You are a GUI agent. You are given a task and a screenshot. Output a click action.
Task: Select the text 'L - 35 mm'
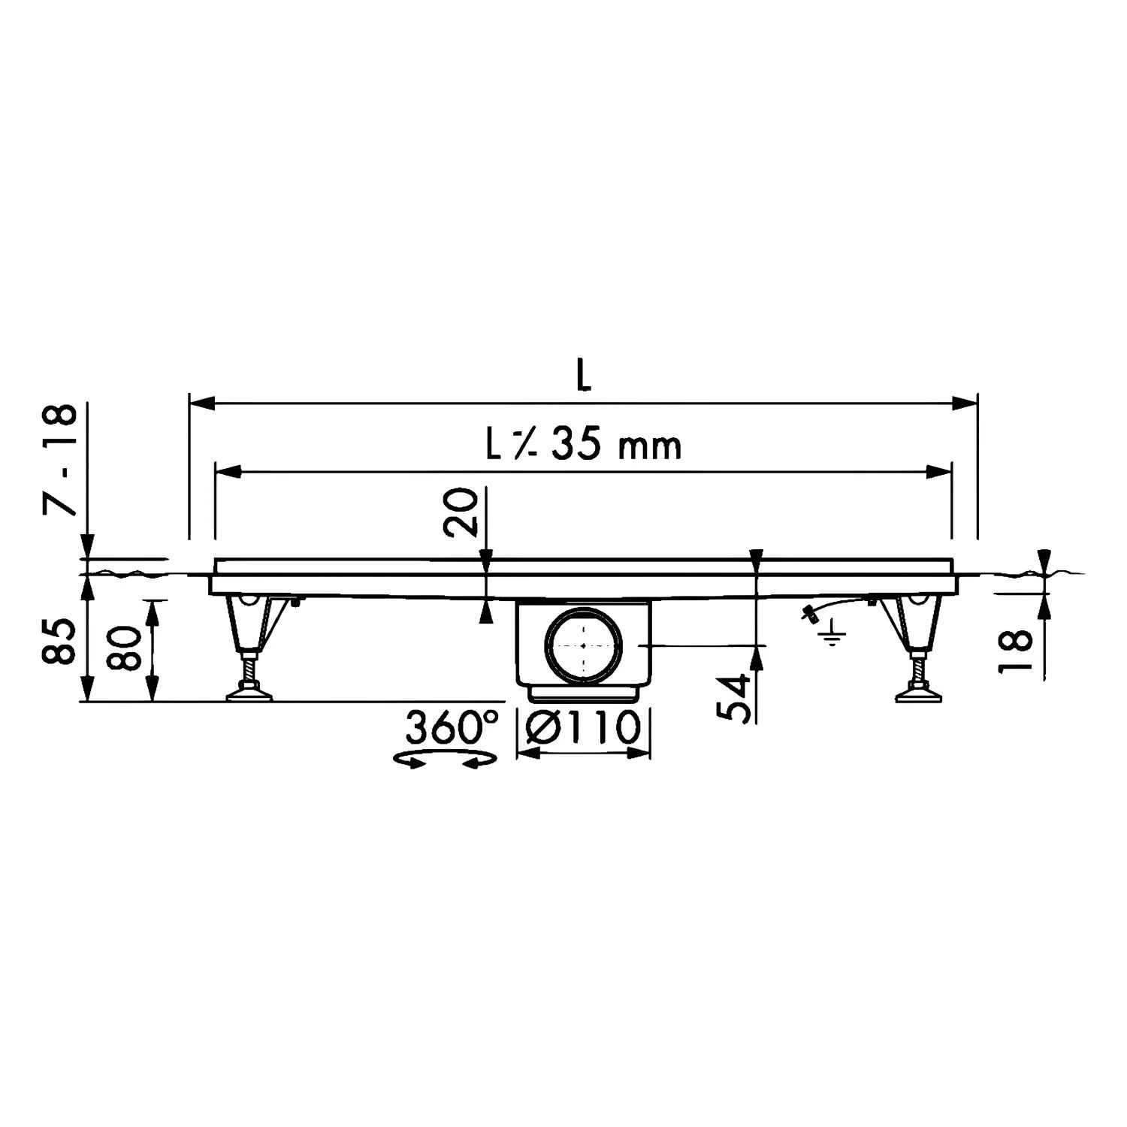tap(583, 446)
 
